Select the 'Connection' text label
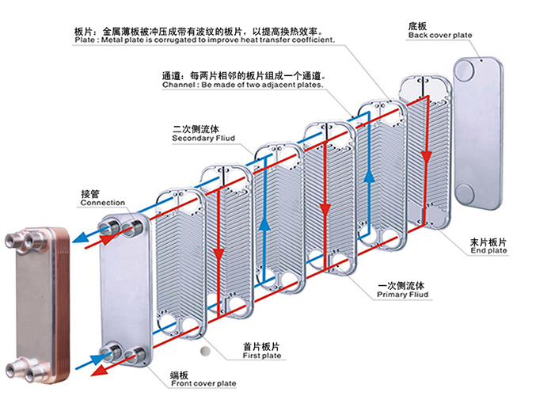point(102,203)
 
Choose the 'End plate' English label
point(488,251)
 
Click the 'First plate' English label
point(261,356)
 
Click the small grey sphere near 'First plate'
point(206,350)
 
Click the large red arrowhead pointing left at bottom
point(97,370)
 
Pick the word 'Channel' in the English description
point(179,84)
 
